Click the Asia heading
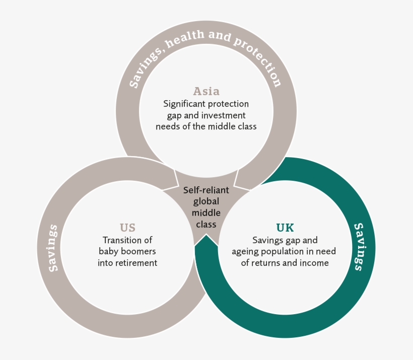(206, 91)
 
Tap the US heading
(127, 228)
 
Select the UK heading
(285, 228)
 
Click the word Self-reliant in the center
(206, 190)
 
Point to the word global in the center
(206, 201)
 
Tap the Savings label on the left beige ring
(53, 248)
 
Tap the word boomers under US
(141, 252)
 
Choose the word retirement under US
(137, 263)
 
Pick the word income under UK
(314, 263)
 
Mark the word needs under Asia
(168, 126)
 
